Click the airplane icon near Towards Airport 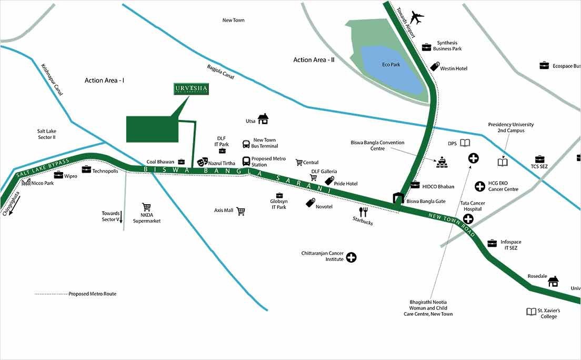coord(417,18)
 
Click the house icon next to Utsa coord(263,119)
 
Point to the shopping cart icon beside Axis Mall coord(241,211)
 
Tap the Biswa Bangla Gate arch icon coord(398,198)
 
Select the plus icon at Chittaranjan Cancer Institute coord(351,257)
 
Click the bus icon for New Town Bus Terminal coord(246,144)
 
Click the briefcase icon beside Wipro coord(58,175)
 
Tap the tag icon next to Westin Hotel coord(435,66)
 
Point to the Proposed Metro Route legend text coord(92,294)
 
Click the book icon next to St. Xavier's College coord(531,312)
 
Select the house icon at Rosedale coord(553,281)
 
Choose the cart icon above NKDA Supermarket coord(146,207)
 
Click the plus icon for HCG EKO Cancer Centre coord(479,186)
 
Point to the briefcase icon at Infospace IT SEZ coord(492,243)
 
